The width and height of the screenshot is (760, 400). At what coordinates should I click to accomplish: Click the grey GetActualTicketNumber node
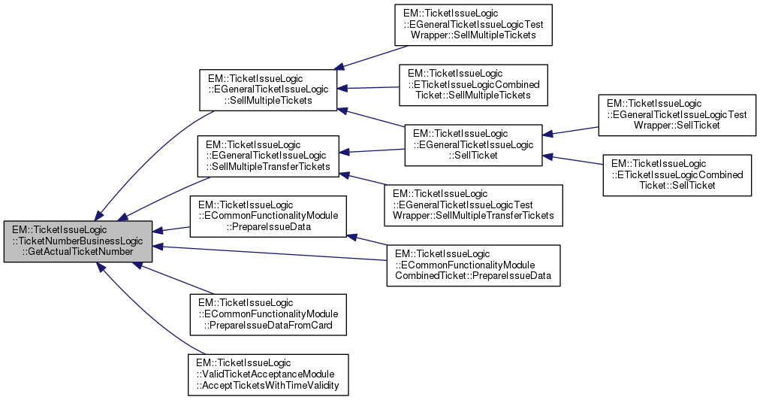tap(78, 241)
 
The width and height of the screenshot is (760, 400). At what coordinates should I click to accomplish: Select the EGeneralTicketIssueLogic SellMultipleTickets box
tap(268, 90)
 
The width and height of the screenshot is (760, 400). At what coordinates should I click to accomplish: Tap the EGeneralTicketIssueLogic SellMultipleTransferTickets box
tap(268, 156)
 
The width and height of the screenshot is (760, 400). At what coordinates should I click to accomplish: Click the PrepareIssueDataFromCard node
tap(268, 314)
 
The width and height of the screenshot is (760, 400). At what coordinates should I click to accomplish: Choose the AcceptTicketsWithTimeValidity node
tap(268, 374)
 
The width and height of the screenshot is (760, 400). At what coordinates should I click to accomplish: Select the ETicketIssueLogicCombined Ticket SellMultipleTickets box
tap(473, 84)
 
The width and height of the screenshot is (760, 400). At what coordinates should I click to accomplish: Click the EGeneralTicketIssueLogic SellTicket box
tap(473, 145)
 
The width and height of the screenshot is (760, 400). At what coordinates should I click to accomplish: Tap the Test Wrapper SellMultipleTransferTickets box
tap(473, 205)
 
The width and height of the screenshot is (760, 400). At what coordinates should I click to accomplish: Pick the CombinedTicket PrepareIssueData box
tap(473, 265)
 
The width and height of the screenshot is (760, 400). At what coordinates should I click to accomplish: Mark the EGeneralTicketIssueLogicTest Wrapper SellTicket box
tap(677, 114)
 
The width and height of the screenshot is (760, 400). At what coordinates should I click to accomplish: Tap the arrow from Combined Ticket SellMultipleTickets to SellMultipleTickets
tap(368, 88)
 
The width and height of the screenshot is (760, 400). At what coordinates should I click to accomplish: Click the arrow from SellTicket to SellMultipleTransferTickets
tap(372, 152)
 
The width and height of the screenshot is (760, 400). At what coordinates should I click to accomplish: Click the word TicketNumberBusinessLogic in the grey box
tap(78, 241)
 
